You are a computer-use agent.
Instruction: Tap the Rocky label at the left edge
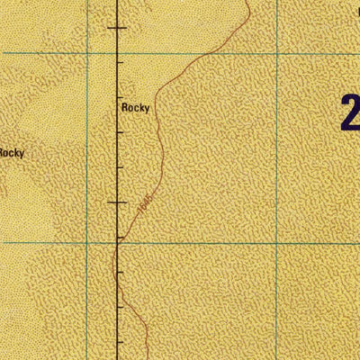coord(11,153)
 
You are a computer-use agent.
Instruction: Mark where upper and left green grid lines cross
coord(87,52)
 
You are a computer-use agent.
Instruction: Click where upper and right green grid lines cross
coord(277,52)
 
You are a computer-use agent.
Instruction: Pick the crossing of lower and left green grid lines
coord(87,242)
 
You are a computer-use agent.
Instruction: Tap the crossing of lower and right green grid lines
coord(277,242)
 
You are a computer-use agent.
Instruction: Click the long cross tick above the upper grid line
coord(118,30)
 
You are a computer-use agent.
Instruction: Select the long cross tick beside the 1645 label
coord(118,203)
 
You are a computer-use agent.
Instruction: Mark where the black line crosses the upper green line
coord(118,52)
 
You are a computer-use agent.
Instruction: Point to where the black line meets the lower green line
coord(118,242)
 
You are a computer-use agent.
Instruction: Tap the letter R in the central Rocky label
coord(124,106)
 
